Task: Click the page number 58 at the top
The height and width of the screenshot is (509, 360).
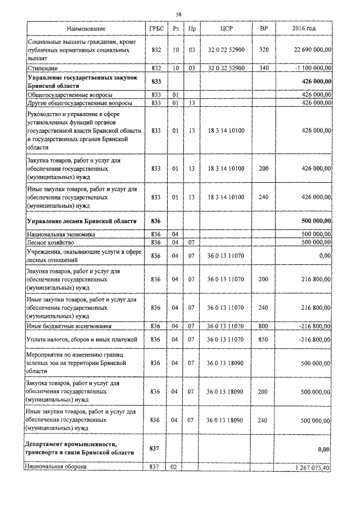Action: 178,13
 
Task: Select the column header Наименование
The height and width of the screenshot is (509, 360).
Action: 85,28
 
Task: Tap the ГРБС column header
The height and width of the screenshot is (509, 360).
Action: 156,28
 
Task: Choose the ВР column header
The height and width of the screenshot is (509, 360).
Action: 263,28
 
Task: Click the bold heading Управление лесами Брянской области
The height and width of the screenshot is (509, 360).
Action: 82,221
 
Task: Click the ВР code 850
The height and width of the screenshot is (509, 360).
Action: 263,339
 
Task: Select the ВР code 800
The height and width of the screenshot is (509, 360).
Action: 263,326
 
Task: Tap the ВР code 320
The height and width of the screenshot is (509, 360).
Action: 263,50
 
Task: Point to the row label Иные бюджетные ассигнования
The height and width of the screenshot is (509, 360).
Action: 69,326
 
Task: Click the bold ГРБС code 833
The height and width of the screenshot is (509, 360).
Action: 156,82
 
